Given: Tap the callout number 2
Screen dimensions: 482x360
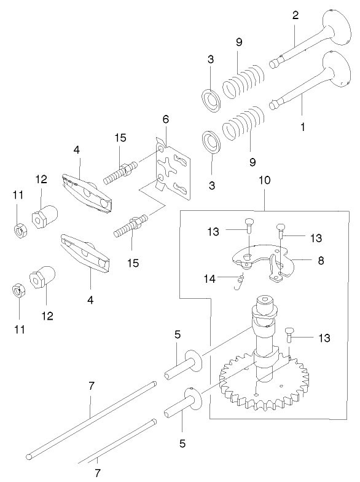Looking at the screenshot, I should (295, 15).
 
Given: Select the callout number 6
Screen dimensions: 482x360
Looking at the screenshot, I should (166, 118).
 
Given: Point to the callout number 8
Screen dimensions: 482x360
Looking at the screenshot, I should (321, 260).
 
